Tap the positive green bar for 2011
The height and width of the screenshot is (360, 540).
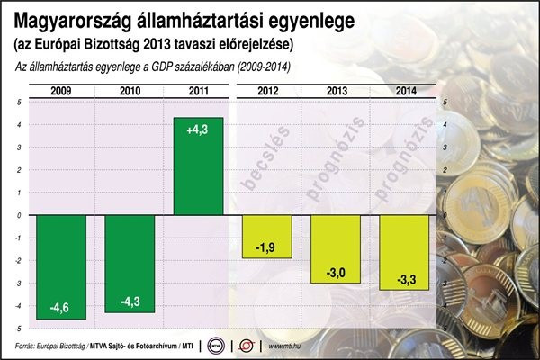pos(198,166)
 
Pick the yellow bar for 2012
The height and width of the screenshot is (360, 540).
pos(268,237)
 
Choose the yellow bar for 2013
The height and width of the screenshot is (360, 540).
pos(337,249)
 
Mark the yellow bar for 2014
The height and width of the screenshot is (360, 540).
pos(404,252)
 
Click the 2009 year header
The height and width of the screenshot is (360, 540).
pos(62,89)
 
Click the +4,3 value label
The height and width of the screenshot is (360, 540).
pos(198,131)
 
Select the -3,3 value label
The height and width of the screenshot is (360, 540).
pos(404,280)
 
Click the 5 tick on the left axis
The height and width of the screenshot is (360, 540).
pos(20,102)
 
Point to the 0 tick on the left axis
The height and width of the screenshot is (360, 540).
pos(20,215)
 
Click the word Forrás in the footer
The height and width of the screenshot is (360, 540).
pos(31,346)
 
